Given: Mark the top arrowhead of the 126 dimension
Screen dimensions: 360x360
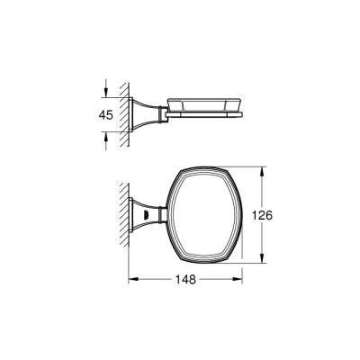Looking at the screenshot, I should (x=263, y=170).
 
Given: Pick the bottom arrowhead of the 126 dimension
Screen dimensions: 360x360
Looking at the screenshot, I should (x=263, y=262).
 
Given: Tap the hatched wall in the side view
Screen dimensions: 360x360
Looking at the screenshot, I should (x=125, y=114).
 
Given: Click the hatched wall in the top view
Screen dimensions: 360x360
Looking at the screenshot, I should (x=125, y=216).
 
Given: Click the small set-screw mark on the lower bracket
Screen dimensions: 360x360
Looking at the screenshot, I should (x=146, y=217).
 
